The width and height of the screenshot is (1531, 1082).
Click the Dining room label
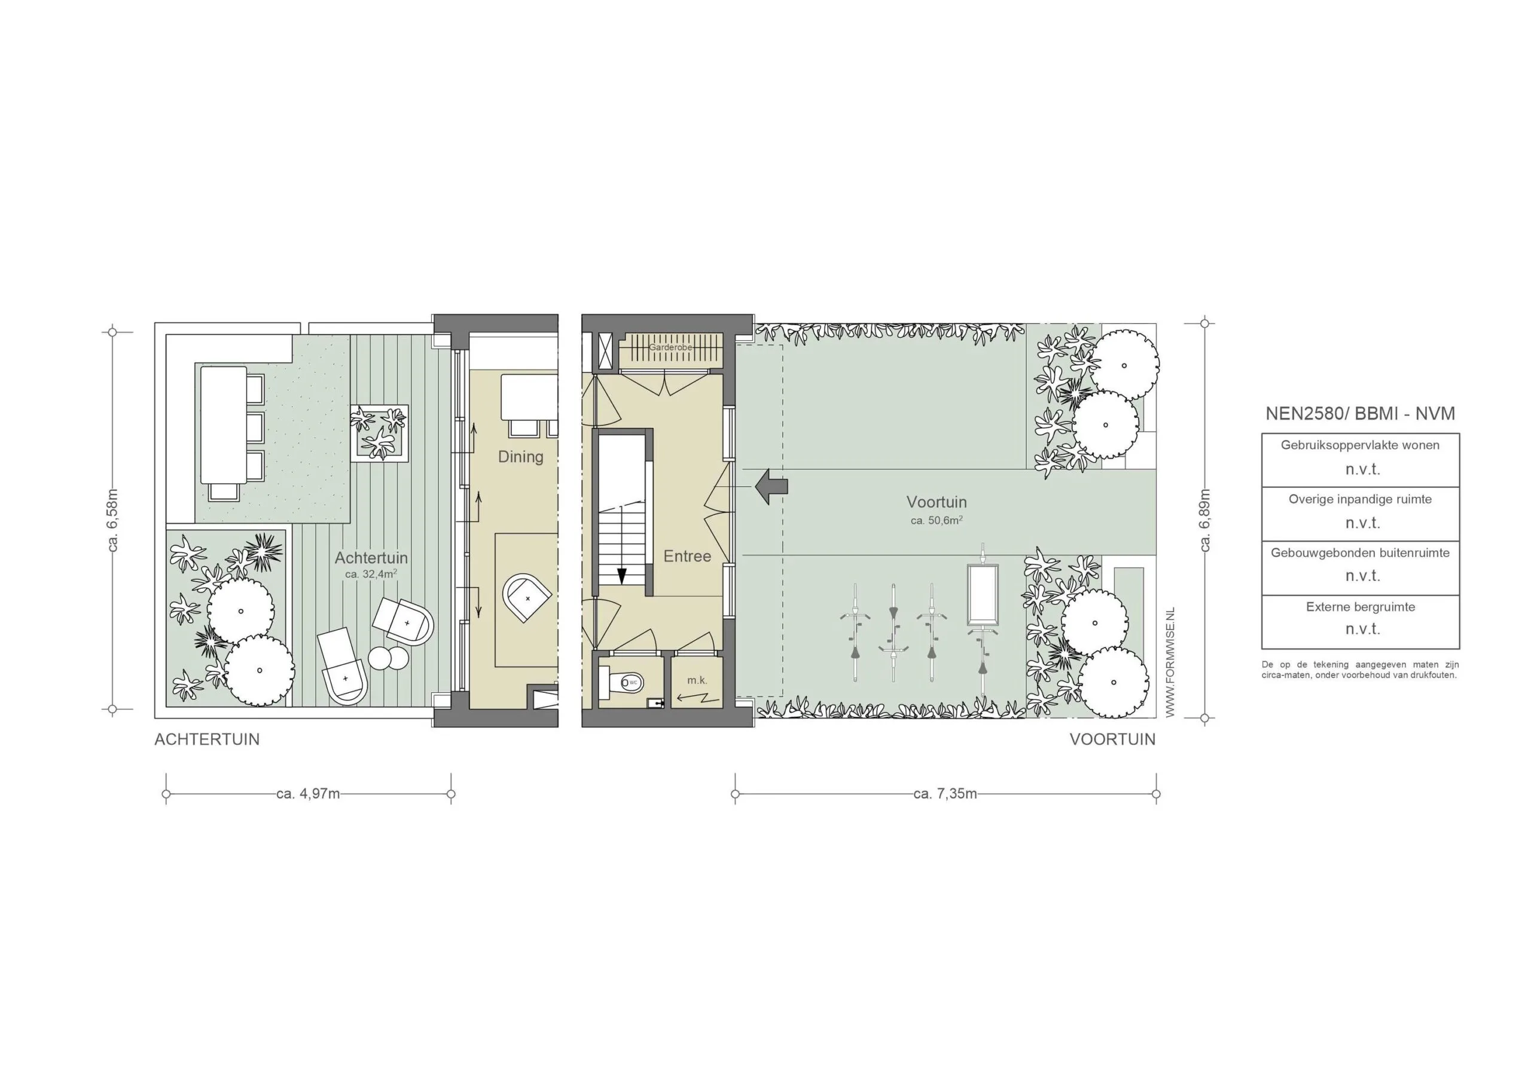click(x=521, y=457)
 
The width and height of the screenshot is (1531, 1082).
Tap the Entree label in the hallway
click(x=687, y=556)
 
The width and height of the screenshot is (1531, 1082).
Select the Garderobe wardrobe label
click(x=671, y=347)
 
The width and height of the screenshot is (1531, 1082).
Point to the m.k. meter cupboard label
click(x=697, y=681)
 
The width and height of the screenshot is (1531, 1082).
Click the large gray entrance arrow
click(x=771, y=485)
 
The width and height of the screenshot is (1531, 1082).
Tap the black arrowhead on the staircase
click(x=621, y=575)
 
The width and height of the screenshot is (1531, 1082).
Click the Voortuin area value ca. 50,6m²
click(x=936, y=521)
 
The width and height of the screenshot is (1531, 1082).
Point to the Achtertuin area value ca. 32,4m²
click(x=371, y=574)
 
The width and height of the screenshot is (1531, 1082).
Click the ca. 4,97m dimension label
click(x=308, y=794)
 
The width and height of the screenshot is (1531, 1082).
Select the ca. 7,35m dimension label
click(x=945, y=794)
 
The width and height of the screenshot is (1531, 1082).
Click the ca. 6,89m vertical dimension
click(x=1205, y=521)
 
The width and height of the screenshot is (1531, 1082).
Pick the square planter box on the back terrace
click(x=379, y=432)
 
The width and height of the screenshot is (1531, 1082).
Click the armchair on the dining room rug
click(x=526, y=598)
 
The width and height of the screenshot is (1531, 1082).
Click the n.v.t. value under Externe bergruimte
click(x=1362, y=629)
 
